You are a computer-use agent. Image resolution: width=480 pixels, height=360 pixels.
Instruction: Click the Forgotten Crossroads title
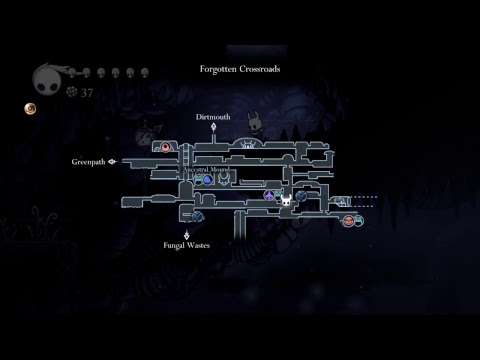tap(240, 69)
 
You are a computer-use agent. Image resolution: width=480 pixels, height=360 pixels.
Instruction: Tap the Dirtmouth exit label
tap(212, 117)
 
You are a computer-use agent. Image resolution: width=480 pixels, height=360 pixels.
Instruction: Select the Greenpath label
tap(88, 161)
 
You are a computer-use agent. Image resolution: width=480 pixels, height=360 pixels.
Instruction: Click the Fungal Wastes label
tap(187, 244)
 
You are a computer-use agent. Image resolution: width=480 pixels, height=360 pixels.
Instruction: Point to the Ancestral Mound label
tap(206, 170)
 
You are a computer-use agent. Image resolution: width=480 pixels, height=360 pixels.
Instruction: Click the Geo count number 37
tap(87, 92)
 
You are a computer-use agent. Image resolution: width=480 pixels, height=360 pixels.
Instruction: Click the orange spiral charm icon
tap(31, 107)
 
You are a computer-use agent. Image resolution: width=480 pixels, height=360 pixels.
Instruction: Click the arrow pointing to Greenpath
tap(113, 161)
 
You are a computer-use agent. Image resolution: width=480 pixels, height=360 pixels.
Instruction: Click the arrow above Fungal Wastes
tap(187, 233)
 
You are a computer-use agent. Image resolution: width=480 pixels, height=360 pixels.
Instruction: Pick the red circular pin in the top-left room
tap(166, 147)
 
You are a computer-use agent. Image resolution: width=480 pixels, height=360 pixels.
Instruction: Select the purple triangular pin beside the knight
tap(269, 196)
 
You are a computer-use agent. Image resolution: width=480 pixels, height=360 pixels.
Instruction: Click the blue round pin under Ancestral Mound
tap(208, 181)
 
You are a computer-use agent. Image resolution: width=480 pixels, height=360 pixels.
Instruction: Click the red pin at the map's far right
tap(348, 220)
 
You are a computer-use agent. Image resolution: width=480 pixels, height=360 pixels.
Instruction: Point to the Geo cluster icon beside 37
tap(71, 91)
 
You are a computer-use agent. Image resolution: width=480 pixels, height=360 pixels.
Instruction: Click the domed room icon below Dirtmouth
tap(246, 147)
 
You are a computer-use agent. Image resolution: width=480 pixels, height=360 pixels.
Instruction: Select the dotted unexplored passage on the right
tap(366, 199)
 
